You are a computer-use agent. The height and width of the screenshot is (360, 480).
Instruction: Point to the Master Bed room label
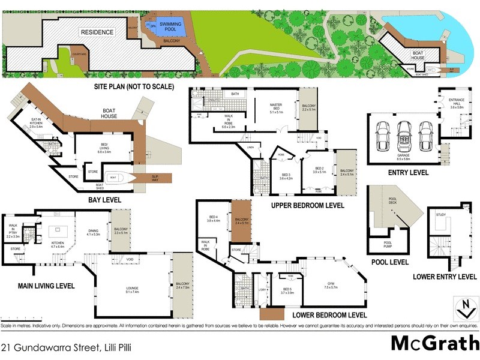coord(276,108)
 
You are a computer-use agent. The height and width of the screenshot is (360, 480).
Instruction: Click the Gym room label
coord(332,284)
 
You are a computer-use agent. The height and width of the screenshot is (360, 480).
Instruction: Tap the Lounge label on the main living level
coord(133,290)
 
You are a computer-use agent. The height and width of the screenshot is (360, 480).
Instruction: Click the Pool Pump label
coord(383,244)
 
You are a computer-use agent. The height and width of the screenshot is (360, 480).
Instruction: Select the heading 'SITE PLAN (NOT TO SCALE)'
coord(133,86)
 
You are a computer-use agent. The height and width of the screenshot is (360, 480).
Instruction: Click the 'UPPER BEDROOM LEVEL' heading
coord(308,205)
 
